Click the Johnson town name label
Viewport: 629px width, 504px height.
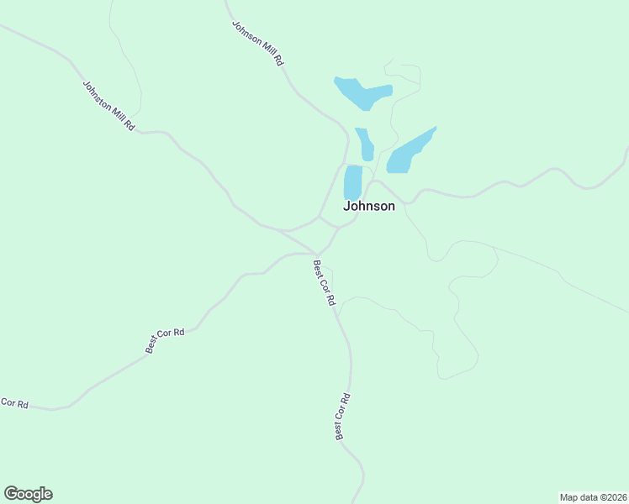click(368, 206)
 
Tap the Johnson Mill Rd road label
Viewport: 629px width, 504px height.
click(257, 43)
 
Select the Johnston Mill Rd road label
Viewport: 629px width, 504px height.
click(108, 104)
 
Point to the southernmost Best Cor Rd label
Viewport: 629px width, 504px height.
click(341, 417)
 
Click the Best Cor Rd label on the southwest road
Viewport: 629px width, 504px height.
click(165, 340)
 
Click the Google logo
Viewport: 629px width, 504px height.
click(28, 494)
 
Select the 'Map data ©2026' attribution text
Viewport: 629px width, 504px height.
click(593, 496)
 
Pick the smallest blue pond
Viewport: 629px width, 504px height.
click(365, 144)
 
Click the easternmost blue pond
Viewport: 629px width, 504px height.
click(410, 151)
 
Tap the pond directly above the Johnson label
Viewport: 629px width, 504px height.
click(353, 182)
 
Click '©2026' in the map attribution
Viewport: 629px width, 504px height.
click(611, 496)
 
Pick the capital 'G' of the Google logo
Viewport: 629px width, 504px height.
click(11, 494)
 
